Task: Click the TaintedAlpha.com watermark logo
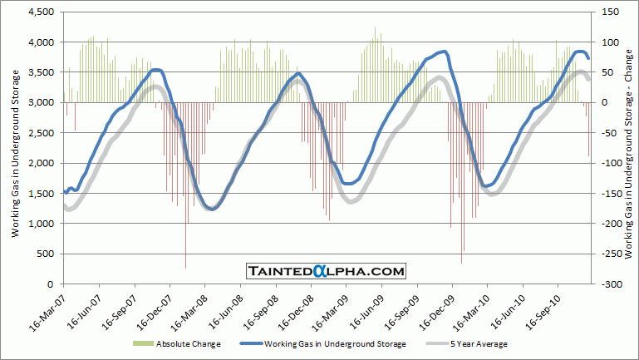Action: [326, 271]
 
